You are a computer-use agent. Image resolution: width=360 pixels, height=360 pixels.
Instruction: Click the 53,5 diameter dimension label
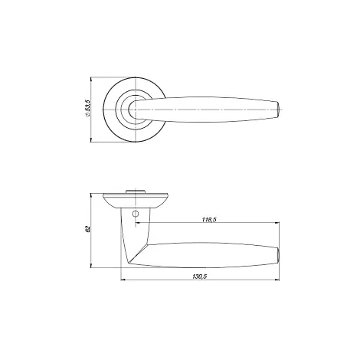[88, 109]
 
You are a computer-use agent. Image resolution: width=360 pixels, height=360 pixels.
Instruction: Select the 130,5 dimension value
[199, 277]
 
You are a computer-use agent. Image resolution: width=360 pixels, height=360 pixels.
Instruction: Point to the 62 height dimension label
[88, 229]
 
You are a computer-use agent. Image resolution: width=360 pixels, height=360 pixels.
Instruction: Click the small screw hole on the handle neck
[136, 213]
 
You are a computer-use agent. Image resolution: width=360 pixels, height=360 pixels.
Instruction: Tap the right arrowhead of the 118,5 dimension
[277, 223]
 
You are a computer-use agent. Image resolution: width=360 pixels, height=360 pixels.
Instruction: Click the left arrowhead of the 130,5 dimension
[123, 280]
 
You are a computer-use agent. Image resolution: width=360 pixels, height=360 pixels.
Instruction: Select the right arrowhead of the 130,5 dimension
[277, 280]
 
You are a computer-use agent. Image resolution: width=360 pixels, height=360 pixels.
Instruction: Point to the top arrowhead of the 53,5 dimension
[91, 80]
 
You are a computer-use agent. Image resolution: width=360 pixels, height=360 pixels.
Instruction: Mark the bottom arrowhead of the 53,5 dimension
[91, 139]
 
